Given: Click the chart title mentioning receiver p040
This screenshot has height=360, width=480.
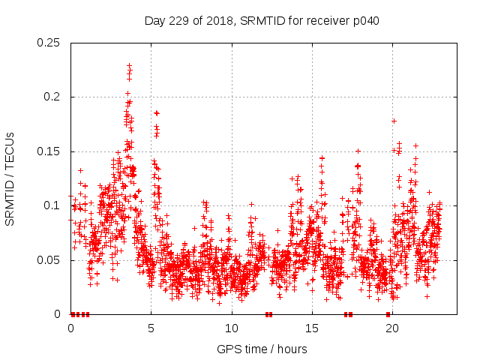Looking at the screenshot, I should pyautogui.click(x=262, y=21).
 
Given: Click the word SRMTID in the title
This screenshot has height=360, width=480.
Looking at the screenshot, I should pyautogui.click(x=265, y=21).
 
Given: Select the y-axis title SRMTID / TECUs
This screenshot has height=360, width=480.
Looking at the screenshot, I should pyautogui.click(x=10, y=178).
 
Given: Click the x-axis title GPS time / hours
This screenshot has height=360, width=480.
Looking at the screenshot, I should pyautogui.click(x=262, y=349).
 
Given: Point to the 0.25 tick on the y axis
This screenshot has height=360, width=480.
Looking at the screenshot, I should pyautogui.click(x=49, y=43).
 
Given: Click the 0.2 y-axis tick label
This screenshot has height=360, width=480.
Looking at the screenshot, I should pyautogui.click(x=55, y=97).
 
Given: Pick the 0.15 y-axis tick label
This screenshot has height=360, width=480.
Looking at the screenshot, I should pyautogui.click(x=49, y=151).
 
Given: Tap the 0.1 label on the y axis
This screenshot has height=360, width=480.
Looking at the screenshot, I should pyautogui.click(x=55, y=205).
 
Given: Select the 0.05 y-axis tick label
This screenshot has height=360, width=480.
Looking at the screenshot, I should pyautogui.click(x=49, y=260).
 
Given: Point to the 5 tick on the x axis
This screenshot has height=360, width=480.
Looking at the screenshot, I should pyautogui.click(x=151, y=328).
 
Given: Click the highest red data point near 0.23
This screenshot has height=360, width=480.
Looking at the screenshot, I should pyautogui.click(x=129, y=65).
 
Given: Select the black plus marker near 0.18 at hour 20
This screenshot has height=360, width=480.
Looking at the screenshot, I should pyautogui.click(x=393, y=121).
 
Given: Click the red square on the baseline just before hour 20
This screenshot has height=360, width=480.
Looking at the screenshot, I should pyautogui.click(x=388, y=314).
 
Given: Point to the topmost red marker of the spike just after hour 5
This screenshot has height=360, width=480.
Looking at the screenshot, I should pyautogui.click(x=156, y=113).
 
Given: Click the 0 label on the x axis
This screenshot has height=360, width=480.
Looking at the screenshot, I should pyautogui.click(x=70, y=328).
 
